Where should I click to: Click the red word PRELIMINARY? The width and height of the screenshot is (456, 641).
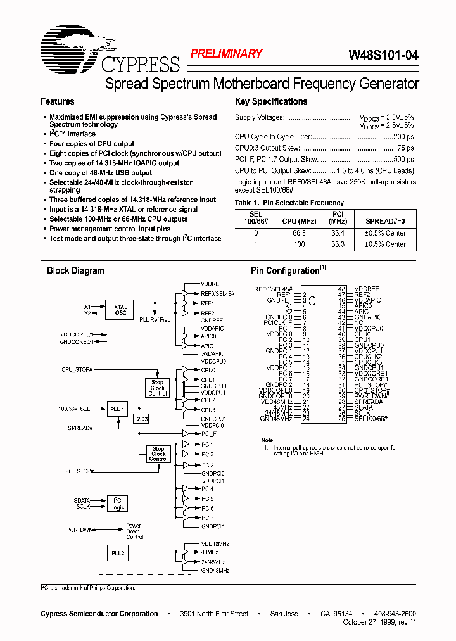click(x=226, y=54)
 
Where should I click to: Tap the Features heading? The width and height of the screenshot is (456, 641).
click(x=57, y=101)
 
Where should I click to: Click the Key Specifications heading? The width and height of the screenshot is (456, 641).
click(x=270, y=101)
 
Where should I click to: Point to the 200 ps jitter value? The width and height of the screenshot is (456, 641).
click(x=403, y=137)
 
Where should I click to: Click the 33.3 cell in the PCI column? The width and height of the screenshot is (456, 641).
click(x=338, y=244)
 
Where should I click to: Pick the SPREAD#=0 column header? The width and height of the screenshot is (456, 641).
click(x=385, y=222)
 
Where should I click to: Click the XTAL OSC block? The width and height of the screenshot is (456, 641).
click(x=120, y=308)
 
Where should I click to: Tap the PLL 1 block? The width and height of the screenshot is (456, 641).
click(x=118, y=410)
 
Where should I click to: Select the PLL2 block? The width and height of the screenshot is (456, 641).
click(x=117, y=552)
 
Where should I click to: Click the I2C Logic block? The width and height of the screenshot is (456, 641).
click(x=117, y=504)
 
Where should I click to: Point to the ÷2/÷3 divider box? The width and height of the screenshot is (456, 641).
click(x=140, y=419)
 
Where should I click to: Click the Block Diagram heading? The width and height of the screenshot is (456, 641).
click(x=75, y=270)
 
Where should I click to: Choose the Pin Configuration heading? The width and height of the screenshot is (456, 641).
click(x=285, y=270)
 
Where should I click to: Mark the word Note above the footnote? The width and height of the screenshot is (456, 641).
click(x=267, y=440)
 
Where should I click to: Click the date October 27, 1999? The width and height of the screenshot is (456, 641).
click(x=365, y=623)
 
